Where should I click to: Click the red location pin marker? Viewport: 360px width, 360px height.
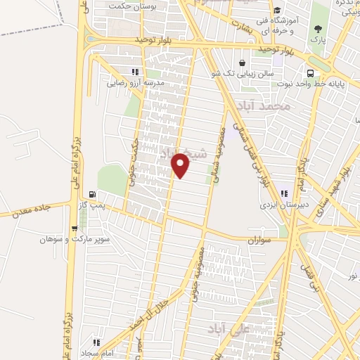click(x=181, y=166)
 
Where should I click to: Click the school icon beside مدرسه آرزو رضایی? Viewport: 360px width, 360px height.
click(x=134, y=71)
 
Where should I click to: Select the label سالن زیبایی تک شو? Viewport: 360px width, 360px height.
click(x=238, y=72)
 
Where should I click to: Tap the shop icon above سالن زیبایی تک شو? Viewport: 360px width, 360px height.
click(x=243, y=63)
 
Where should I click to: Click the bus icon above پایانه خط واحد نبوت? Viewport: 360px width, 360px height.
click(x=310, y=73)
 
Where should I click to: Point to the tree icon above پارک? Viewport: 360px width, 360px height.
click(x=319, y=29)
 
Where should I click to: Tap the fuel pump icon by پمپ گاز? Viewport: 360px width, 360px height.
click(x=92, y=195)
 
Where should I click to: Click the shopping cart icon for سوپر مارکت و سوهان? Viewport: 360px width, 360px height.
click(x=75, y=228)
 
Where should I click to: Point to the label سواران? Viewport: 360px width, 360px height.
click(x=259, y=240)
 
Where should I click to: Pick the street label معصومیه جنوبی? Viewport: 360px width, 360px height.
click(x=196, y=275)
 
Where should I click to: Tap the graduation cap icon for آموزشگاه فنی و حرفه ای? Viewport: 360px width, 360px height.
click(x=277, y=11)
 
